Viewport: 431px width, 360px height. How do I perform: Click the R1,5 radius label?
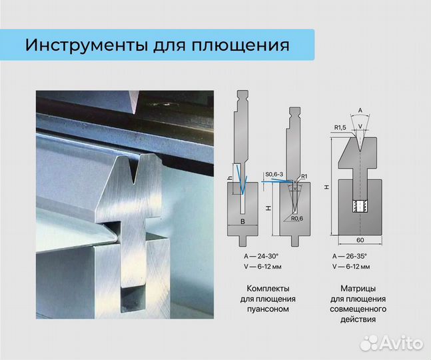click(340, 127)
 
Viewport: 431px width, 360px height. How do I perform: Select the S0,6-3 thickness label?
click(274, 175)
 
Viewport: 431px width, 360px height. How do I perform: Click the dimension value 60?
click(359, 239)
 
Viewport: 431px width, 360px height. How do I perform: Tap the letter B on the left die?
click(243, 220)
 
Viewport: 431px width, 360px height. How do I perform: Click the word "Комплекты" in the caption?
click(268, 288)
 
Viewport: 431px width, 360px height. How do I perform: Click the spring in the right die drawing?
click(360, 205)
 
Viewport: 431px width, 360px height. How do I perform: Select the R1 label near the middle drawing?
click(304, 176)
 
